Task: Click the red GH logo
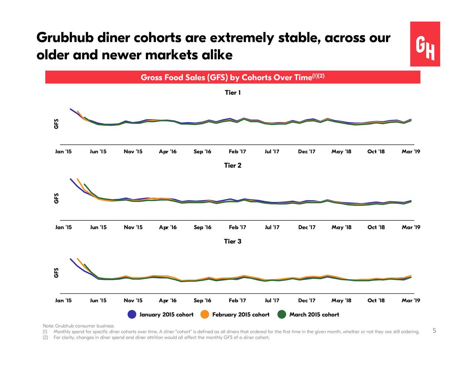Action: coord(425,44)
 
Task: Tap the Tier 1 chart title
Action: coord(233,93)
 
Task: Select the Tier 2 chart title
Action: coord(233,166)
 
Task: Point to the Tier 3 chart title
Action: coord(233,242)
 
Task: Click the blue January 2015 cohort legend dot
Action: coord(132,315)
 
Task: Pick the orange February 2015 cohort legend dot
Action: coord(204,315)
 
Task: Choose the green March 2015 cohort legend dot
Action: coord(282,315)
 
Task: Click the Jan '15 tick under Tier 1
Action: coord(63,151)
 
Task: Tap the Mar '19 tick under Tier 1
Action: coord(411,151)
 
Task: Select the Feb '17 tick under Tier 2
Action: coord(237,227)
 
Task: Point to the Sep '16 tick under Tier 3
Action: coord(202,301)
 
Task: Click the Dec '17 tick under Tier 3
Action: coord(307,301)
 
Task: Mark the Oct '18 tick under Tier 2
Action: coord(376,227)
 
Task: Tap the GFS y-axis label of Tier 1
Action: coord(56,124)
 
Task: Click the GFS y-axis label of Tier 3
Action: coord(56,272)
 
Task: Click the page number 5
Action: coord(434,331)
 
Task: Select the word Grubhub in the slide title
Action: coord(65,38)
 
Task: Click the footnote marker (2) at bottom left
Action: coord(45,337)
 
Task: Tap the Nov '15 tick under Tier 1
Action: coord(133,151)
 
